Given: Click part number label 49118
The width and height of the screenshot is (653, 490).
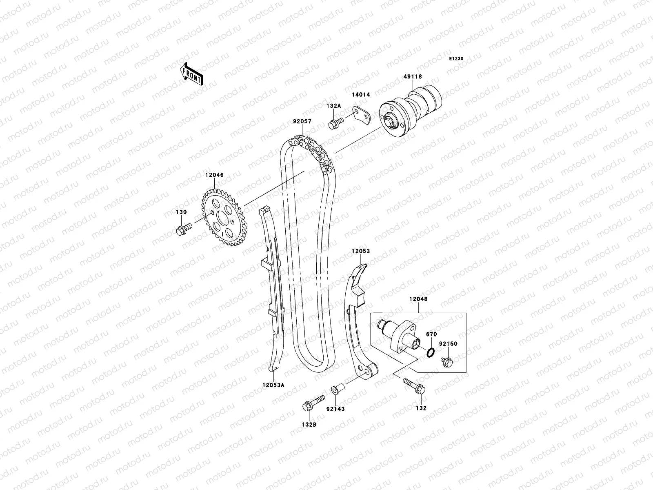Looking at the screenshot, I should click(413, 77).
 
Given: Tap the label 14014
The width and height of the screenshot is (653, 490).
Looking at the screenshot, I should click(361, 95).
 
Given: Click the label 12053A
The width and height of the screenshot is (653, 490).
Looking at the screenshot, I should click(273, 384).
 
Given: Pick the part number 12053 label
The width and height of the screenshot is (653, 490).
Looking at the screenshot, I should click(361, 251).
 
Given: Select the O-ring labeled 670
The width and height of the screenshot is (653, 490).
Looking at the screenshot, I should click(431, 352).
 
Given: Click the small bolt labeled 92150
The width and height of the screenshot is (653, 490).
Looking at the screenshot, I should click(447, 361).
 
